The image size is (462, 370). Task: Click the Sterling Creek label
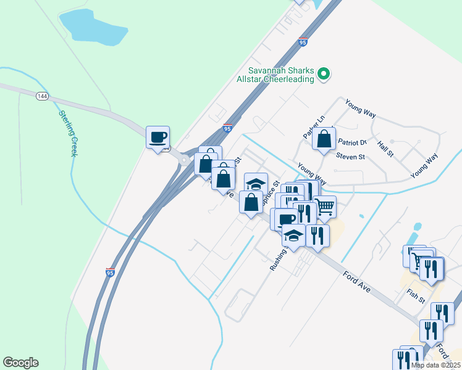67,133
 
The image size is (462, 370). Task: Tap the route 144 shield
42,96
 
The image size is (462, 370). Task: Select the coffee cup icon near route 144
157,136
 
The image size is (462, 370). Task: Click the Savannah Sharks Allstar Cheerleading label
282,75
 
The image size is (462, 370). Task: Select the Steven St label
350,157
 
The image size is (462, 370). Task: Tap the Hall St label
385,148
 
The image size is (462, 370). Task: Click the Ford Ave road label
356,279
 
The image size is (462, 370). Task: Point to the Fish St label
416,295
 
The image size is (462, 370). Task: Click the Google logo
20,363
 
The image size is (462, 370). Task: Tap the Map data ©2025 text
435,365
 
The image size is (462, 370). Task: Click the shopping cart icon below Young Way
324,207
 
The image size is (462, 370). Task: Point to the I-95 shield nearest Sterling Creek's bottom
110,272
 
